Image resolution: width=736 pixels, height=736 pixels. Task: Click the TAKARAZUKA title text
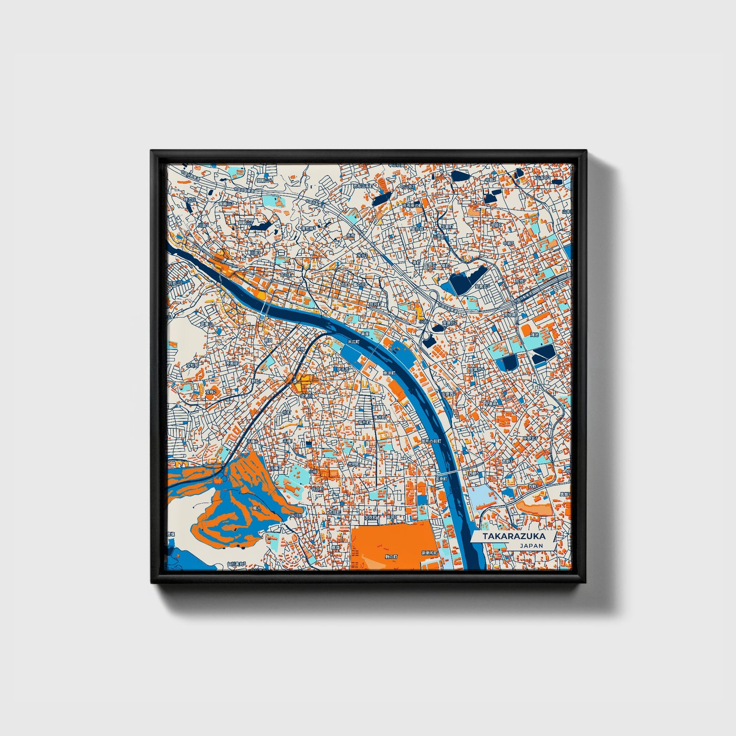tap(507, 536)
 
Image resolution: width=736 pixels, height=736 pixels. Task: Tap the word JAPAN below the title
tap(531, 546)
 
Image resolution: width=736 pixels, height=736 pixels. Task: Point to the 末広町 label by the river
tap(353, 342)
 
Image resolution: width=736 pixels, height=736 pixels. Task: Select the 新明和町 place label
tap(429, 553)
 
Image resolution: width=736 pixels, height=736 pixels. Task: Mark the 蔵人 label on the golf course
tap(257, 508)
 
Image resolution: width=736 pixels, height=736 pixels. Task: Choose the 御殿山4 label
tap(264, 180)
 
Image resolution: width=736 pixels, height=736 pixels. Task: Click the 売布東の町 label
tap(411, 205)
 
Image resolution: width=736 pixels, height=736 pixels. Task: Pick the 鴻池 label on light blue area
tap(534, 335)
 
